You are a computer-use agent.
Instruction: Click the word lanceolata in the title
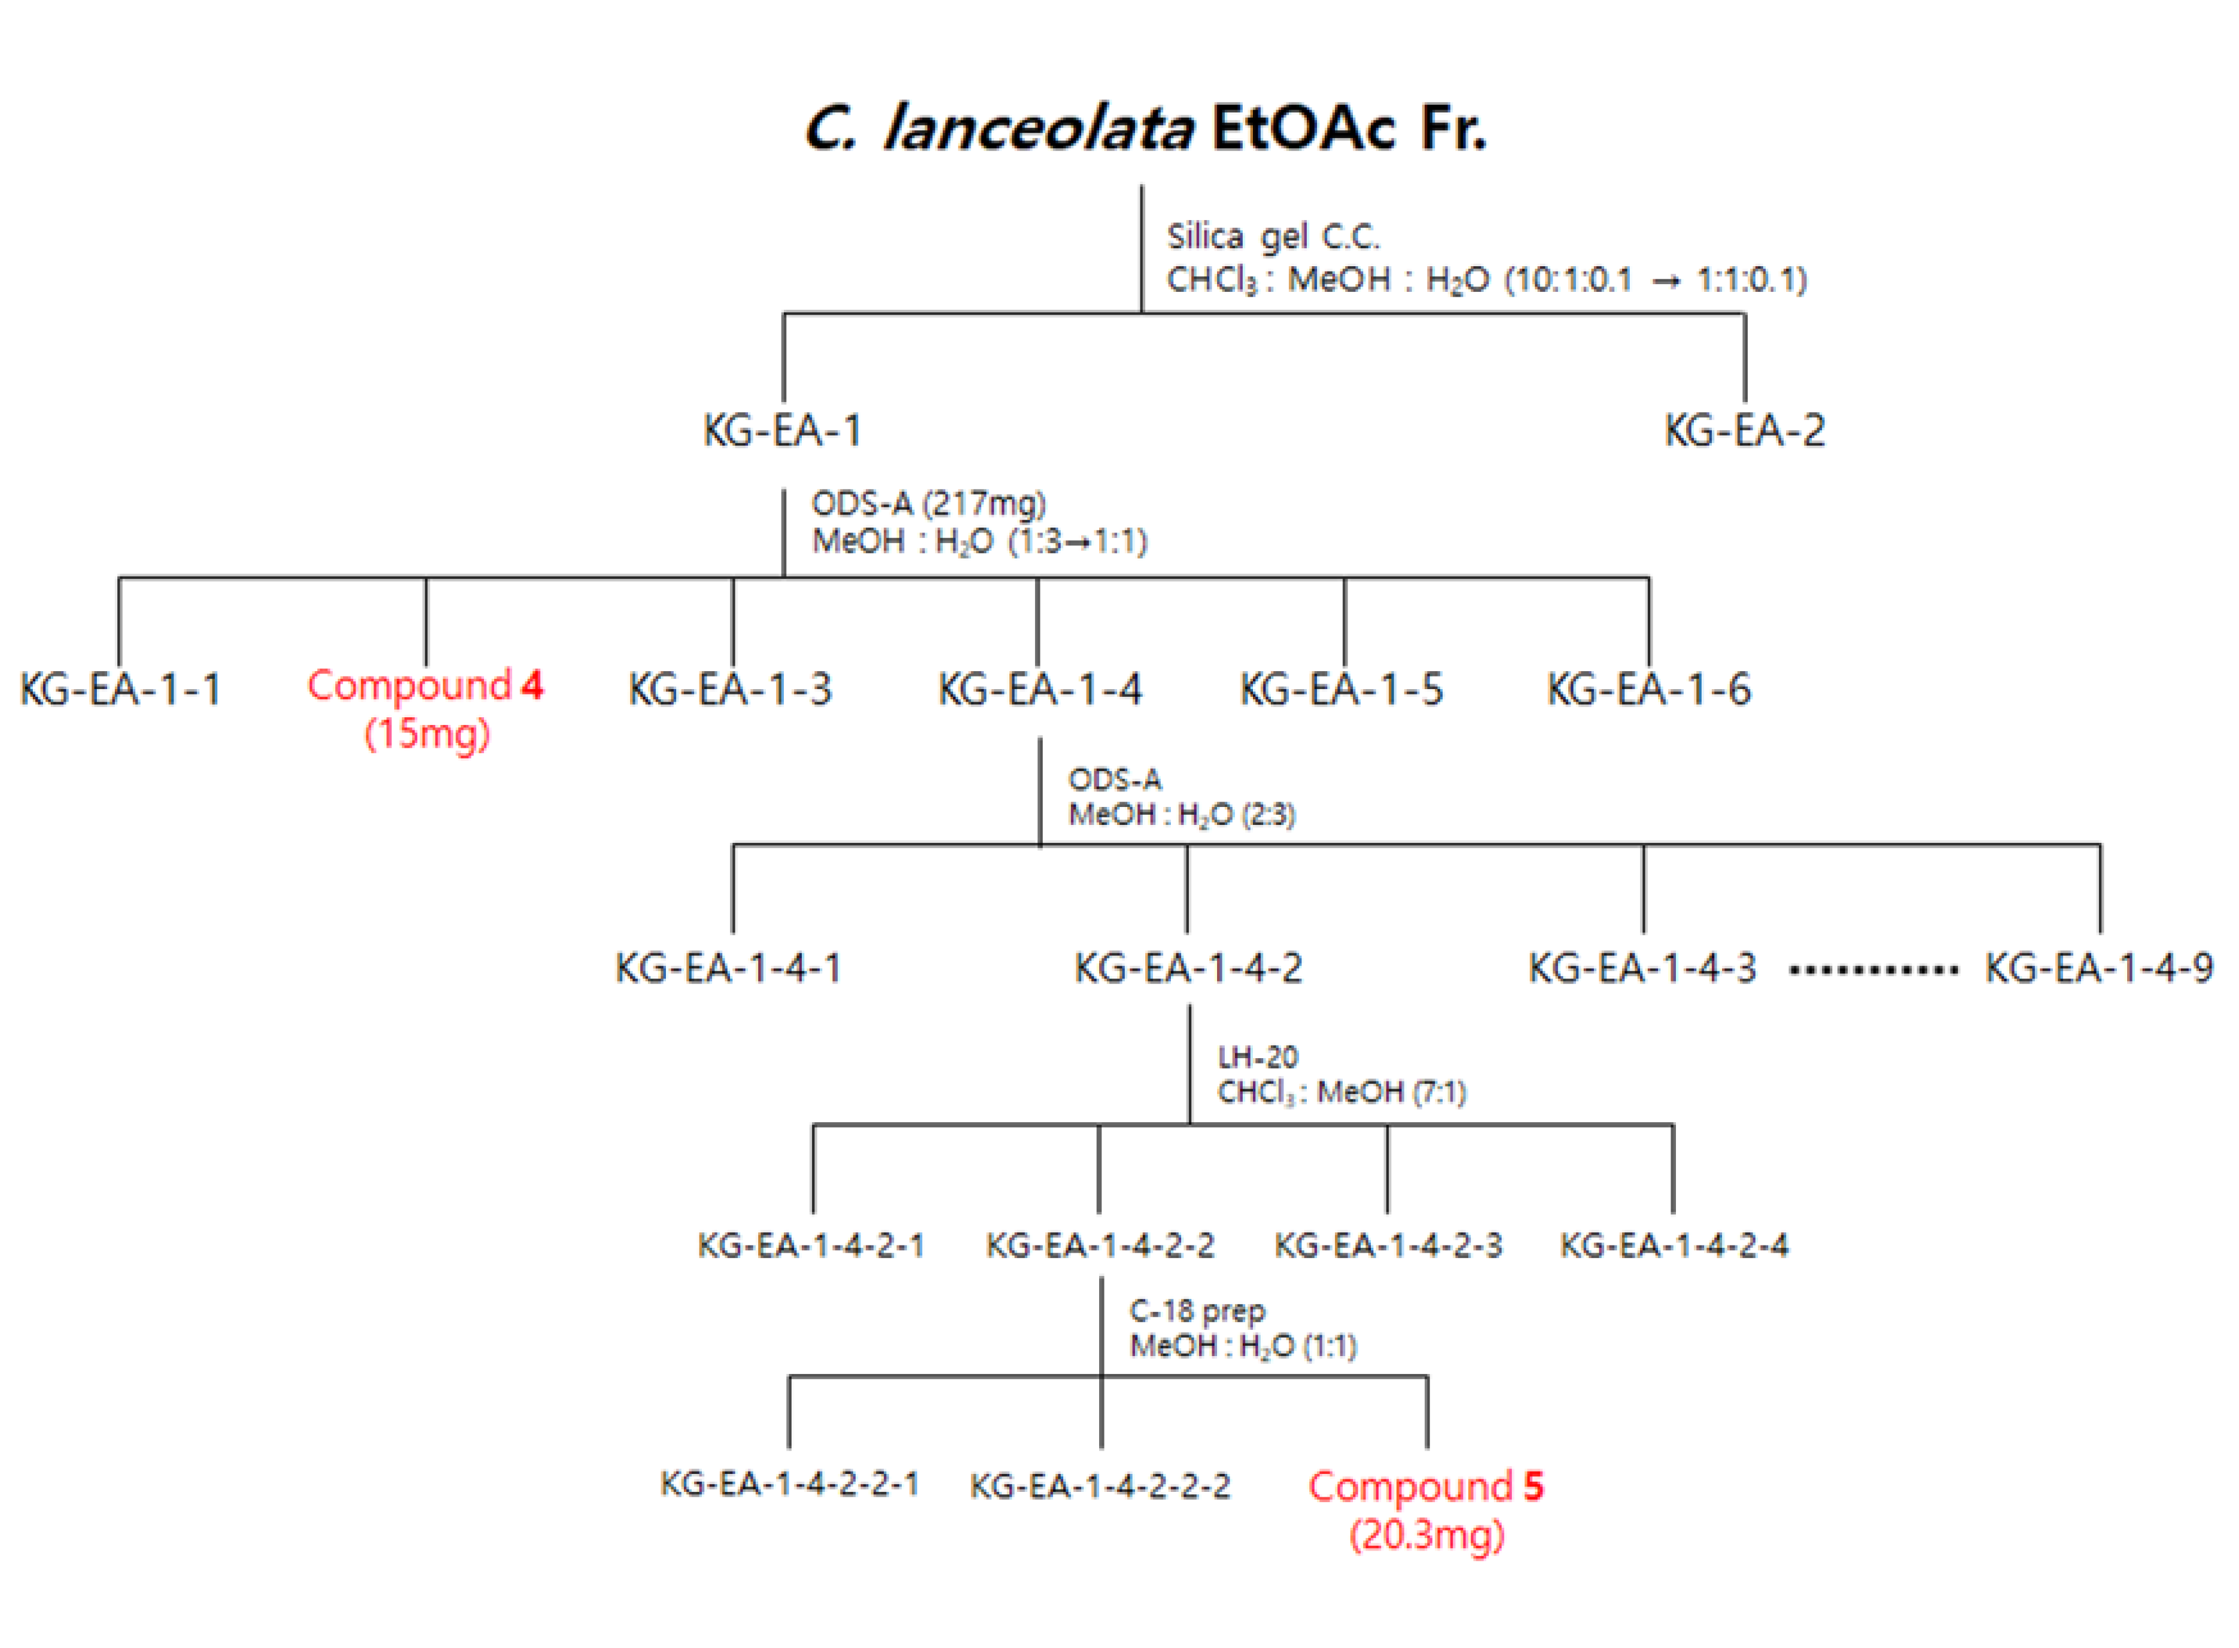click(x=1038, y=130)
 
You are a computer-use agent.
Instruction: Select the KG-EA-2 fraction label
click(x=1744, y=431)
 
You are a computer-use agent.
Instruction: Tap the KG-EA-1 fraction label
click(x=781, y=431)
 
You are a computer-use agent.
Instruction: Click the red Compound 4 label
click(x=425, y=686)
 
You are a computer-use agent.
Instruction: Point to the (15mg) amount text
click(x=427, y=734)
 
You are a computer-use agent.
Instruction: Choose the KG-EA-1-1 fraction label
click(x=120, y=689)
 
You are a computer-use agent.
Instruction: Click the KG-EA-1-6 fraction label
click(x=1648, y=689)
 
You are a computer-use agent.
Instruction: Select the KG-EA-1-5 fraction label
click(x=1341, y=689)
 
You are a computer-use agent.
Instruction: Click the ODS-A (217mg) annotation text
click(x=928, y=504)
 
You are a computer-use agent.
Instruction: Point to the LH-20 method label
click(x=1257, y=1056)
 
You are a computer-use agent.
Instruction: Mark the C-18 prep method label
click(x=1196, y=1311)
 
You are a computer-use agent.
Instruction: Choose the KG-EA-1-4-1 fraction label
click(x=728, y=968)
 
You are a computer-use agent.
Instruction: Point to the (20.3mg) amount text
click(x=1427, y=1534)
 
